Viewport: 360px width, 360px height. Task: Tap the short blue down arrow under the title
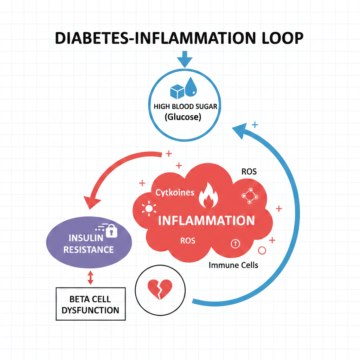185,58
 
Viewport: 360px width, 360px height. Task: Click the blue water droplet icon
192,87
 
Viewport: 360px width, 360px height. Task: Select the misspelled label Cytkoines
175,193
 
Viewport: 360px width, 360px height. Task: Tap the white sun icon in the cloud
148,209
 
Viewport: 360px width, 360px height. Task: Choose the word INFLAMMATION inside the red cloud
206,220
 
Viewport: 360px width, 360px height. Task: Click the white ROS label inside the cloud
187,241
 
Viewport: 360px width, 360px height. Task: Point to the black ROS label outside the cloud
249,172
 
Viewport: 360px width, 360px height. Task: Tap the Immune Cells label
233,265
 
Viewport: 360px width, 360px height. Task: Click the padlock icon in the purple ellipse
111,231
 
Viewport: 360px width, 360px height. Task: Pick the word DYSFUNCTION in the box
90,310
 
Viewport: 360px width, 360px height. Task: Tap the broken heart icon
159,289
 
